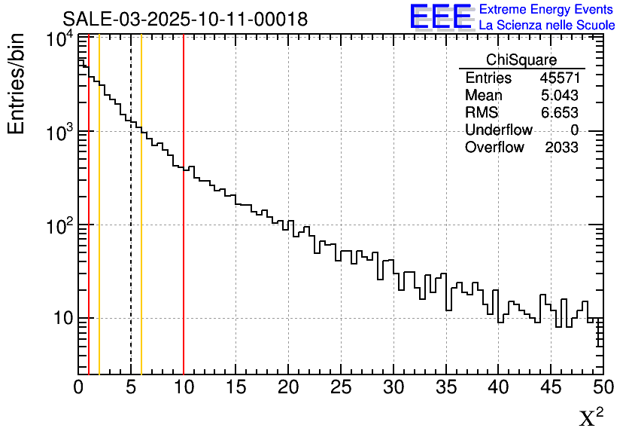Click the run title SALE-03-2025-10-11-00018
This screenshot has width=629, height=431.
(185, 20)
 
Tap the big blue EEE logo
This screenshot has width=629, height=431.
(441, 17)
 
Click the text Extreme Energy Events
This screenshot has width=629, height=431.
(546, 10)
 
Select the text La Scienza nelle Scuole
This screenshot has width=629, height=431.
(547, 26)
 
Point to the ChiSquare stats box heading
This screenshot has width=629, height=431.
(521, 60)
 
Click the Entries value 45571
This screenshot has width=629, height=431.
(558, 78)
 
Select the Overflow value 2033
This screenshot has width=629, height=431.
(561, 148)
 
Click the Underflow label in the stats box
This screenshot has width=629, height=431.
(498, 130)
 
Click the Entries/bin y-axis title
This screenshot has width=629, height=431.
(17, 84)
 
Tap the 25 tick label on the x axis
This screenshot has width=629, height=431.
(341, 387)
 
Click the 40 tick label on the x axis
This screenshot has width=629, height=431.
(498, 387)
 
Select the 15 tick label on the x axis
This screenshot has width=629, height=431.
(236, 387)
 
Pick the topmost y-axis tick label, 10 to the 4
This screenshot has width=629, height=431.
(59, 39)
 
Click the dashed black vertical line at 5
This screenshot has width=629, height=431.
(131, 226)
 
